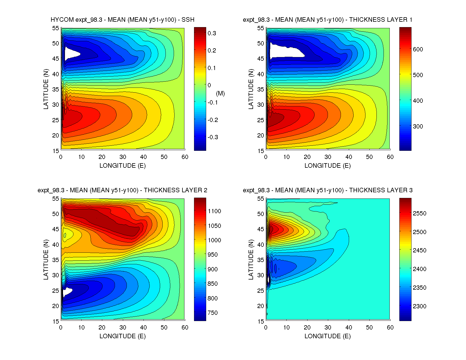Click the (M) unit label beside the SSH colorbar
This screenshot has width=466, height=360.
click(x=220, y=93)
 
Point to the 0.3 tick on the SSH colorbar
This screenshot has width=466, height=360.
click(x=212, y=33)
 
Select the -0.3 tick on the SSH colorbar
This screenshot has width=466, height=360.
click(x=213, y=137)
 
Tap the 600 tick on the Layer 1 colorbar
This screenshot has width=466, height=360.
click(x=418, y=49)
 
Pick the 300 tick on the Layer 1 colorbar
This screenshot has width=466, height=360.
click(x=418, y=126)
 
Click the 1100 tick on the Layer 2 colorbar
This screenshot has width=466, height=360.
click(x=214, y=211)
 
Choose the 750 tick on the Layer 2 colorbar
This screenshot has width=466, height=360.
click(x=212, y=313)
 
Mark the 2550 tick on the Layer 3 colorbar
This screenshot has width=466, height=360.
click(x=419, y=213)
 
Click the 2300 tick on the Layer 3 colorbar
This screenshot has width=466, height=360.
click(x=419, y=306)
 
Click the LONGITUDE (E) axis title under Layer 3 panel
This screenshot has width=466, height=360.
click(x=327, y=336)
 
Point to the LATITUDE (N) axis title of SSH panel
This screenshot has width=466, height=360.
click(x=46, y=89)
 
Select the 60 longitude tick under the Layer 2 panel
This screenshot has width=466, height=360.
click(x=185, y=328)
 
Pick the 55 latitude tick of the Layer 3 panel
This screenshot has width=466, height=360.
click(x=260, y=199)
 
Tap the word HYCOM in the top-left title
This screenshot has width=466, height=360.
click(x=62, y=20)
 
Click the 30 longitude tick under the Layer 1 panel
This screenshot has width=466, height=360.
click(x=328, y=157)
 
